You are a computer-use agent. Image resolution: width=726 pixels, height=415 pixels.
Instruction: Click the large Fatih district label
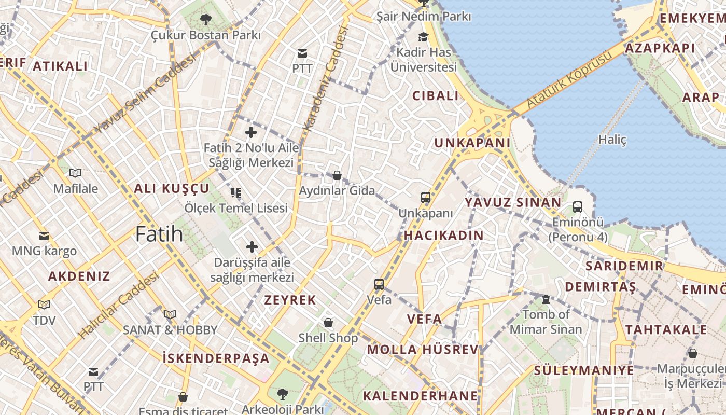point(159,234)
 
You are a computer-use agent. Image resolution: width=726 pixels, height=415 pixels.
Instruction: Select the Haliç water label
point(612,140)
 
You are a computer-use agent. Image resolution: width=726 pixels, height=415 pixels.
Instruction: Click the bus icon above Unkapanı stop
point(426,198)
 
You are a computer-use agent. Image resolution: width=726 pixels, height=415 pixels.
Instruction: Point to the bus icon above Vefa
point(379,284)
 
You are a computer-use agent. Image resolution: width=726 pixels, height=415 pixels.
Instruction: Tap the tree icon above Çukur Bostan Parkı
point(206,20)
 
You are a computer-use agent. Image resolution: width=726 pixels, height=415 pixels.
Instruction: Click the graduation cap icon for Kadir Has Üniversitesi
point(424,37)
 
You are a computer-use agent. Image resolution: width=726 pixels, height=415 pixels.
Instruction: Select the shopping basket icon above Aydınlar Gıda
point(337,175)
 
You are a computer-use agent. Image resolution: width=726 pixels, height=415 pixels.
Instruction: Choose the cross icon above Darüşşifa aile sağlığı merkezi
point(252,247)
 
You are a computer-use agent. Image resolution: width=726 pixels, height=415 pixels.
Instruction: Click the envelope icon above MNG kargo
point(44,236)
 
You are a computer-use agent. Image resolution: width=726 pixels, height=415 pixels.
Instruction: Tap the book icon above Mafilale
point(75,173)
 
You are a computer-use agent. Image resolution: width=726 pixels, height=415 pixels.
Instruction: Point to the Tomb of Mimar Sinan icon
point(546,299)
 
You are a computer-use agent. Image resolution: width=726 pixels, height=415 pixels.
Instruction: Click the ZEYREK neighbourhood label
point(290,300)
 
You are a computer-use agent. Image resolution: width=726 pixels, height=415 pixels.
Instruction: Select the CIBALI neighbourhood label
point(436,96)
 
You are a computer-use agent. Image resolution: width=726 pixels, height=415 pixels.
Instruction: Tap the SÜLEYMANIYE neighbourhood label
point(584,370)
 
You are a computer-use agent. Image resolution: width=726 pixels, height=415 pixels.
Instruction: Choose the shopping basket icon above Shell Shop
point(328,323)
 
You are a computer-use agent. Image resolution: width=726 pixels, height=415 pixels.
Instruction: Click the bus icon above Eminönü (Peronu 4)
point(578,207)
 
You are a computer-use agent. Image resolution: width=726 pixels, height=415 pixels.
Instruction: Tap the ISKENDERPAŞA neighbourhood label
point(216,358)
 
